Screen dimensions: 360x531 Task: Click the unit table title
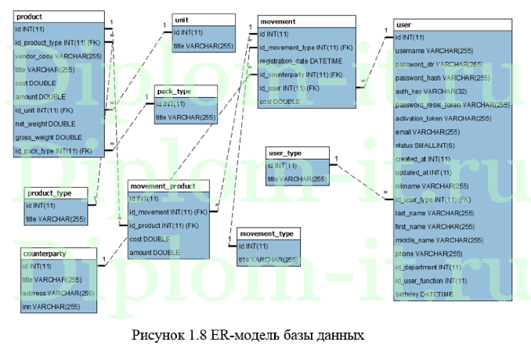182,18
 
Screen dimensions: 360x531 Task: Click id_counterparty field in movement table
302,74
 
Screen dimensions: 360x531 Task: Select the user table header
405,25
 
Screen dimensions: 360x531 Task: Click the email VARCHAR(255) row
428,132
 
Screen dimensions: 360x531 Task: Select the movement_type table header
267,234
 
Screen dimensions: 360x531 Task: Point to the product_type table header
49,193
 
